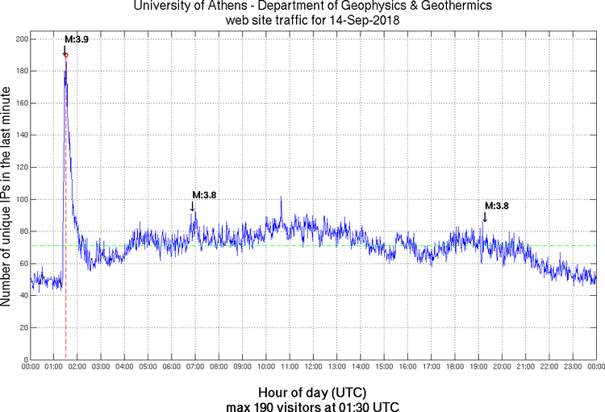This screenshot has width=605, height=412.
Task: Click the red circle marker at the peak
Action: (66, 55)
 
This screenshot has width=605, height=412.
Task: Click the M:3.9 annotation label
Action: (76, 40)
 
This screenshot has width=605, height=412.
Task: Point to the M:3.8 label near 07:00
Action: (204, 194)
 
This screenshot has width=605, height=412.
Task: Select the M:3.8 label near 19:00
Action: (497, 206)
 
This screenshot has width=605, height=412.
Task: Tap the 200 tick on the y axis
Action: (22, 39)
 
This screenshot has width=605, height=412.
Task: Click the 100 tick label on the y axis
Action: (22, 199)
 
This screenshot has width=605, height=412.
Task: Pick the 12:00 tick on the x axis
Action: (313, 367)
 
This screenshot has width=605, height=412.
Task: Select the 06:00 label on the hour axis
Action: (172, 367)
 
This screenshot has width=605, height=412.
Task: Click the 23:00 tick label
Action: (573, 367)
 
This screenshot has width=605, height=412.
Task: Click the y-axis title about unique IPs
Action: (8, 199)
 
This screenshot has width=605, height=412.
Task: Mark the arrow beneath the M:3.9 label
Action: (65, 51)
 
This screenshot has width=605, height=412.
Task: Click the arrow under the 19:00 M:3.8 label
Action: (485, 217)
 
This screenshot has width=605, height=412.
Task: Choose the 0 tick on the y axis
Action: (25, 360)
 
